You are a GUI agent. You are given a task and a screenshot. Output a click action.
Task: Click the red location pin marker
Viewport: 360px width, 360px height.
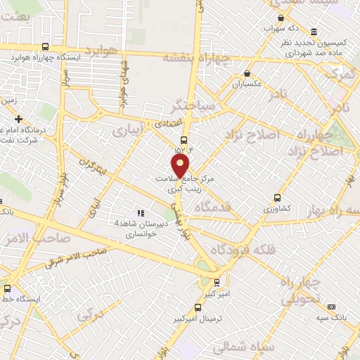(x=181, y=166)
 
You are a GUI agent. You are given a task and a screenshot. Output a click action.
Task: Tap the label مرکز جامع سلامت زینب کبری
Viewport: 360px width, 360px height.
(x=184, y=184)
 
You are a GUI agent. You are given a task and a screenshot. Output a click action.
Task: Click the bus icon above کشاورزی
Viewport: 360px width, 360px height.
(x=277, y=198)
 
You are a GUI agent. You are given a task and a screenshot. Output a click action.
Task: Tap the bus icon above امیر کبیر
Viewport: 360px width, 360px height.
(x=217, y=281)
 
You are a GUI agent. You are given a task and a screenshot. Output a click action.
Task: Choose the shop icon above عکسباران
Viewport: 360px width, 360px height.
(x=247, y=73)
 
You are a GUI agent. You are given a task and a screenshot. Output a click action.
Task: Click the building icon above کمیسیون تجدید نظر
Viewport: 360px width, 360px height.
(x=313, y=32)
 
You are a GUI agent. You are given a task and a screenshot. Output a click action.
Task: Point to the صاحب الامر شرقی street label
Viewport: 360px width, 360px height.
(x=77, y=258)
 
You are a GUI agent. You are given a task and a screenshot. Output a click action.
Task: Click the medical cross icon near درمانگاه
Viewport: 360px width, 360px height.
(x=18, y=119)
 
